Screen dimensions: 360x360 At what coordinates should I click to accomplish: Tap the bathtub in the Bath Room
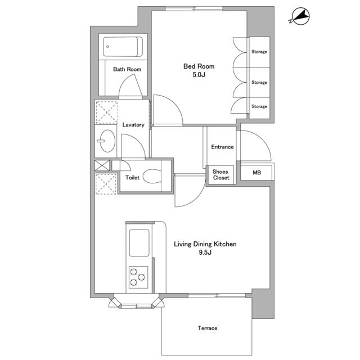123,47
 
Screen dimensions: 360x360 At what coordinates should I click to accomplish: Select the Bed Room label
199,66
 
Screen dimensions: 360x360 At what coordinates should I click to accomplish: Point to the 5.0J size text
199,75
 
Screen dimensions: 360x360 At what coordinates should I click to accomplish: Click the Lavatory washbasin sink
107,141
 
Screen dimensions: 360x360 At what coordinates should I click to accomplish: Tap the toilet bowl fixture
152,176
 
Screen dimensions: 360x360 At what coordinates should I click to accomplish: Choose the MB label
256,173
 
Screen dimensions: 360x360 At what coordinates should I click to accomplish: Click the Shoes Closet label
220,175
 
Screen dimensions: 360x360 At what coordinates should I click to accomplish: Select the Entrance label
222,147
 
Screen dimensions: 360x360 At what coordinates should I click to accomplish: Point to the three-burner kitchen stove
138,277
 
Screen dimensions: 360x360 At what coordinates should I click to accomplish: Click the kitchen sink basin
139,243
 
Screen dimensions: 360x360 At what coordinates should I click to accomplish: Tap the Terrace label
208,328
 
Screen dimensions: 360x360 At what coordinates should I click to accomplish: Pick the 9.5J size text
205,253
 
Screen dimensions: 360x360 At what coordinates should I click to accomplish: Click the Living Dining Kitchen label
205,244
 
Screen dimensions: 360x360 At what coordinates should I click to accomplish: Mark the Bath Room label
127,69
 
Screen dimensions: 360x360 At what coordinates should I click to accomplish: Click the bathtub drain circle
107,47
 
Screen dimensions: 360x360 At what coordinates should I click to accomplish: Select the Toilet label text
132,178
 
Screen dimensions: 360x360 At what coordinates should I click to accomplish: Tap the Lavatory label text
133,125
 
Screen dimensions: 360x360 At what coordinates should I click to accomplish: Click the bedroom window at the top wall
194,9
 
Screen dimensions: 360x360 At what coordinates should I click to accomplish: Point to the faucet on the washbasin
101,141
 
